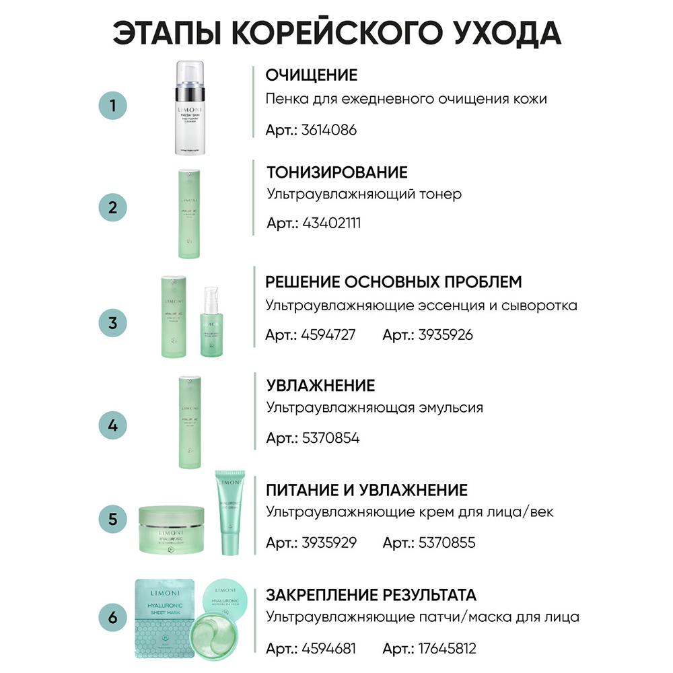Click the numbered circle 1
(114, 106)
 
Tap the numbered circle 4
(114, 425)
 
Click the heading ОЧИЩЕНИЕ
(312, 75)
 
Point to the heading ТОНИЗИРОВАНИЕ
(336, 172)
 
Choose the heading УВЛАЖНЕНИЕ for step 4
(320, 386)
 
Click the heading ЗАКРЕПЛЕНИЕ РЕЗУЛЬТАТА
(371, 595)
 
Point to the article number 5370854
(330, 438)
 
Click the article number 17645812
(448, 649)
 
